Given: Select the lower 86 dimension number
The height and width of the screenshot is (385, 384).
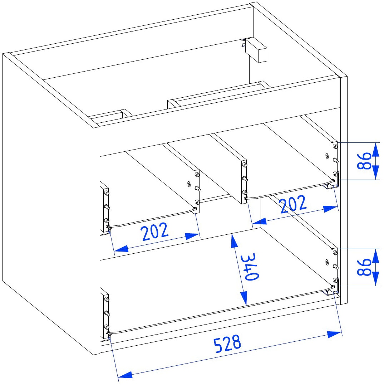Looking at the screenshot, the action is tap(364, 267).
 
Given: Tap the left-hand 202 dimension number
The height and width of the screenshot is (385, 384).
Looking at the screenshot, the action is tap(155, 231).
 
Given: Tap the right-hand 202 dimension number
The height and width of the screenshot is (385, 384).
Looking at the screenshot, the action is tap(294, 204).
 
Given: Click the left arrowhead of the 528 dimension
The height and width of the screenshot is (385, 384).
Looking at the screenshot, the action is tap(125, 375).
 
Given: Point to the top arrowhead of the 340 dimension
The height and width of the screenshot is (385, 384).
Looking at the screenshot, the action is tap(234, 242).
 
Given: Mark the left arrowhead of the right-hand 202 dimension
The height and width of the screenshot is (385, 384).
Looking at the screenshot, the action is tap(259, 221).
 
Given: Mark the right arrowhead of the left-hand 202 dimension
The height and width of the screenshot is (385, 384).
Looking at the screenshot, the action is tap(193, 236).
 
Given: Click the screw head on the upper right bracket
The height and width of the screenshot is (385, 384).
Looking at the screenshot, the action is tap(327, 156).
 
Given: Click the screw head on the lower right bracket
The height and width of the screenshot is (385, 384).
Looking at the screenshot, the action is tap(327, 262).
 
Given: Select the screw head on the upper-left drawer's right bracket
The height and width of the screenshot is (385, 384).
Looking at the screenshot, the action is tap(189, 183).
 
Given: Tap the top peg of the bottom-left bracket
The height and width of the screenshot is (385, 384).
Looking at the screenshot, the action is tap(107, 299).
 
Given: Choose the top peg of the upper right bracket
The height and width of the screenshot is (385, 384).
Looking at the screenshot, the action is tap(335, 147).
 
